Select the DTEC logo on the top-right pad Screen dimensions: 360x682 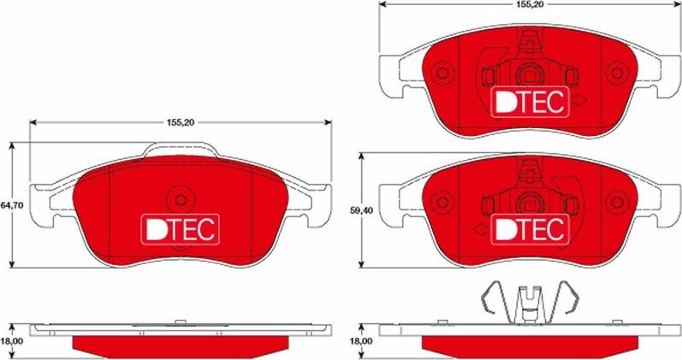tap(531, 102)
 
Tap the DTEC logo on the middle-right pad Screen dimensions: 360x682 tap(531, 228)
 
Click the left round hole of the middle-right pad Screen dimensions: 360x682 tap(442, 202)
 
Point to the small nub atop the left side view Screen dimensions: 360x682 tap(181, 322)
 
